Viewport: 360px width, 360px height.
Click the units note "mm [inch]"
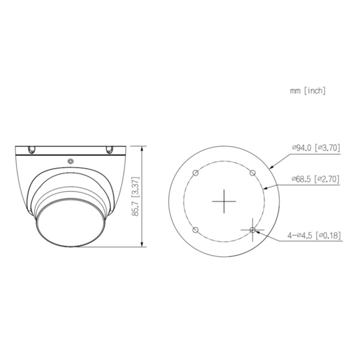pyautogui.click(x=307, y=91)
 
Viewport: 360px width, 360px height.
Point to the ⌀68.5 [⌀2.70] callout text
pyautogui.click(x=316, y=179)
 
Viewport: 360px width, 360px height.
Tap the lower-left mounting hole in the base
pyautogui.click(x=194, y=230)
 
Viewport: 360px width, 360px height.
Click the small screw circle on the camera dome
pyautogui.click(x=71, y=161)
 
